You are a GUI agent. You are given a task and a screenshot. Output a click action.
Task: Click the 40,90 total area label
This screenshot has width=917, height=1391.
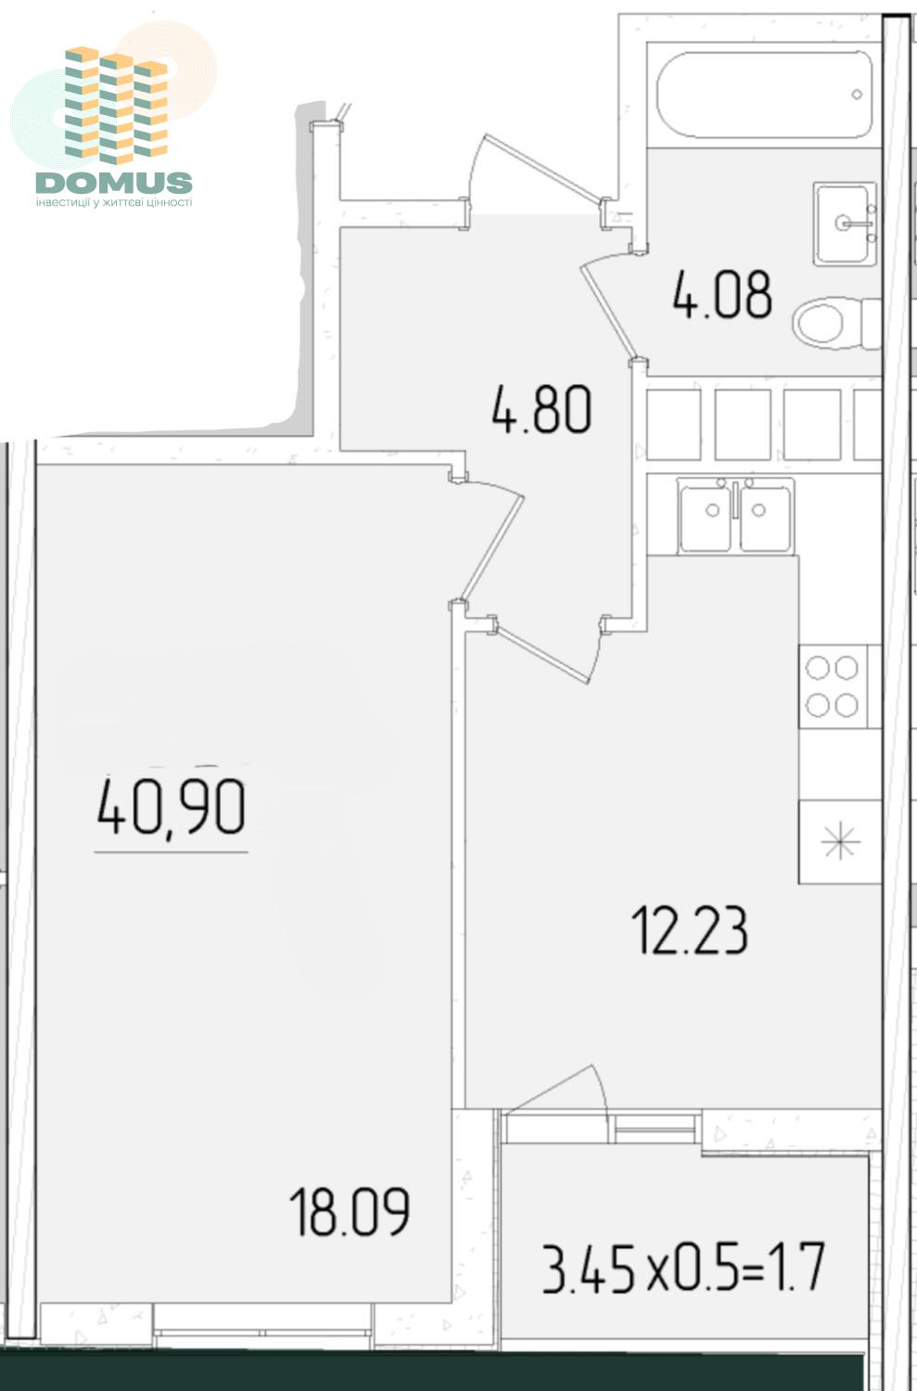[172, 807]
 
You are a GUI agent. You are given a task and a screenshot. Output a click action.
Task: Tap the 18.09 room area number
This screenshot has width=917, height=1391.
[350, 1211]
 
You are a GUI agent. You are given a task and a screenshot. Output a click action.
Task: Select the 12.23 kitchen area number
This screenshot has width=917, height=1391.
[689, 929]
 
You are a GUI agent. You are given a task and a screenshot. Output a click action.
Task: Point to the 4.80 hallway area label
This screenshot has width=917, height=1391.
[541, 408]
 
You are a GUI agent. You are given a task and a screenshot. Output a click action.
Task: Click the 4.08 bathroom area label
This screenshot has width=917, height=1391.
[722, 294]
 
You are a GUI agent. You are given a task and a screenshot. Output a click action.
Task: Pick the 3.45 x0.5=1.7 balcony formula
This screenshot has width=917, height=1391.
[683, 1267]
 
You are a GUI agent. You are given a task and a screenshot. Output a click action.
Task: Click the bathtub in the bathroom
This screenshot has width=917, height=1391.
[764, 95]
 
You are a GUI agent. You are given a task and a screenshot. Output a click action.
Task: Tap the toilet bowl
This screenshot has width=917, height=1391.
[836, 323]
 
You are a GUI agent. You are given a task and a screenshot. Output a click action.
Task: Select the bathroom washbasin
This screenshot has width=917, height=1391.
[845, 223]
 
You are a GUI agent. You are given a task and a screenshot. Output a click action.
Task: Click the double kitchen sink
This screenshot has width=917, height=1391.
[735, 516]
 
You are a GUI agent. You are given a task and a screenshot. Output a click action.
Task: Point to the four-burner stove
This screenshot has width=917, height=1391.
[833, 686]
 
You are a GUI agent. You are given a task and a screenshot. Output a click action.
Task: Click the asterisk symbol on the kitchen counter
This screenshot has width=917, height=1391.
[840, 841]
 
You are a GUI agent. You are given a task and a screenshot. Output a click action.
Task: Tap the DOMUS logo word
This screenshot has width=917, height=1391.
[114, 183]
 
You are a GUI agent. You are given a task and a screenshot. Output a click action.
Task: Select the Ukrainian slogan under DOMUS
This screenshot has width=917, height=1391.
[114, 202]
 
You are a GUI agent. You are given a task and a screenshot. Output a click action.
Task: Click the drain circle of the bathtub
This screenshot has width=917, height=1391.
[857, 95]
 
